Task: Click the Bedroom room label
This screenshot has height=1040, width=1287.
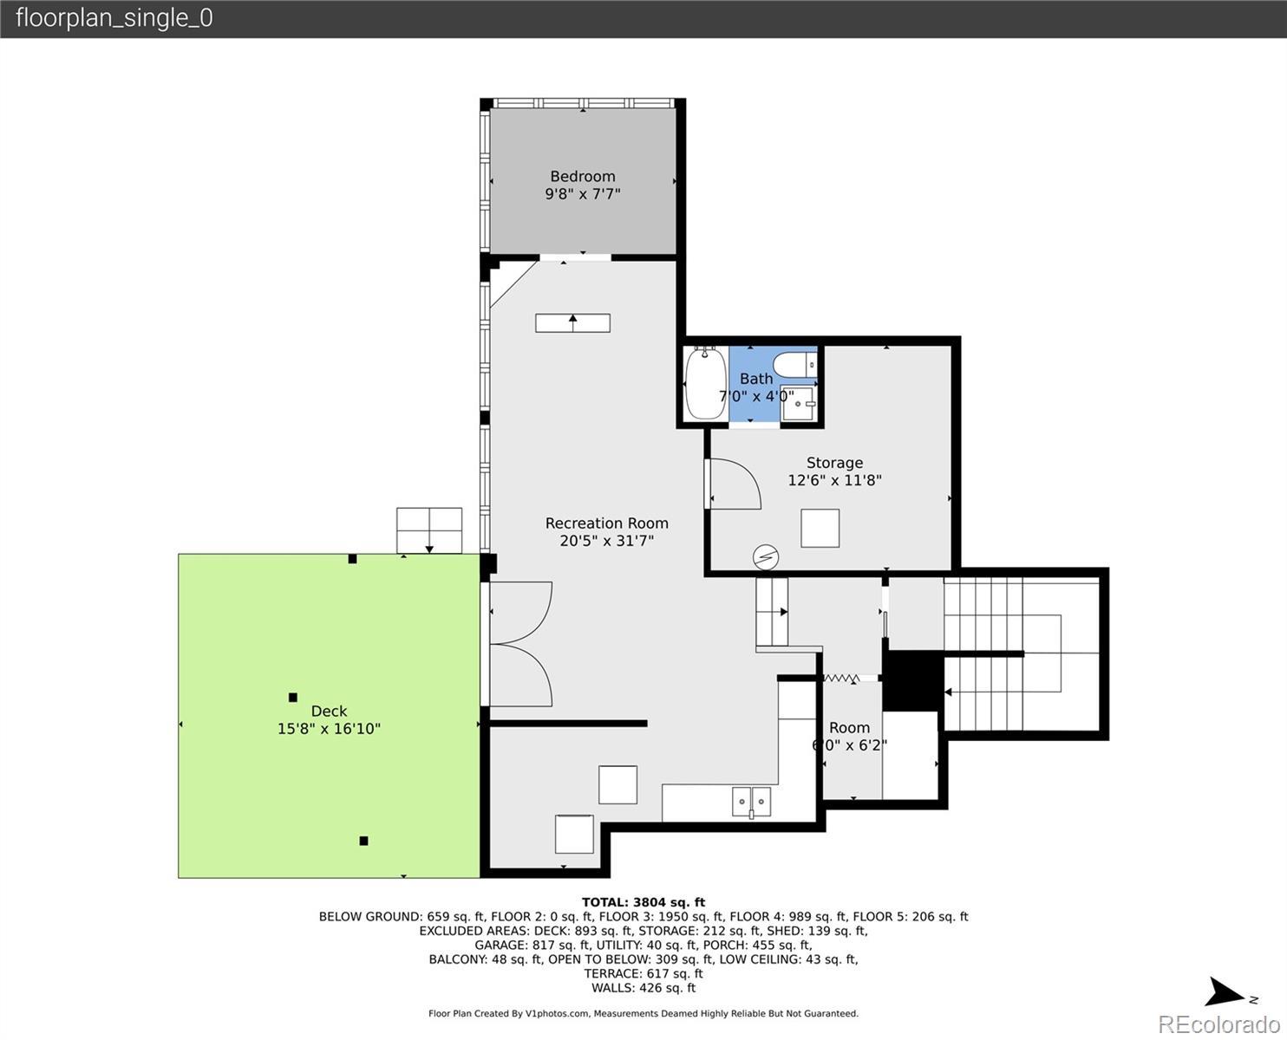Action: tap(583, 176)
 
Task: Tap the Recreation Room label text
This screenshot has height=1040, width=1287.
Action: tap(607, 523)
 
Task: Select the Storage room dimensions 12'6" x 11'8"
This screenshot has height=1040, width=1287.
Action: tap(834, 480)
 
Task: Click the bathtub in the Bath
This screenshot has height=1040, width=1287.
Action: tap(706, 383)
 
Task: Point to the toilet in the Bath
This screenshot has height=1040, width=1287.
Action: tap(795, 365)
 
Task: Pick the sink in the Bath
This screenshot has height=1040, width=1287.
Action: tap(799, 403)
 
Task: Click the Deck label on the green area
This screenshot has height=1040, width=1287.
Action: tap(330, 711)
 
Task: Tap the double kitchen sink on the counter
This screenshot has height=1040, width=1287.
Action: tap(752, 802)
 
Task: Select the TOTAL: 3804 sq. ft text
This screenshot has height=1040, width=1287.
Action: tap(643, 902)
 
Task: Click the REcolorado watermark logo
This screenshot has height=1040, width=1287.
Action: tap(1218, 1024)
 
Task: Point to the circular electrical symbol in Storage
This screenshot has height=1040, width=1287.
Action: tap(766, 558)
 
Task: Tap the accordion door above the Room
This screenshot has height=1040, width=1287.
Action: tap(841, 679)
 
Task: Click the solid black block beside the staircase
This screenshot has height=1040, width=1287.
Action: tap(913, 683)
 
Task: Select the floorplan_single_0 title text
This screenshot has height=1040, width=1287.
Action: tap(114, 18)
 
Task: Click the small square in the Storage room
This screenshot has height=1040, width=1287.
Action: tap(820, 528)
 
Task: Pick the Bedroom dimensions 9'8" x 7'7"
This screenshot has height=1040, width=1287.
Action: tap(583, 194)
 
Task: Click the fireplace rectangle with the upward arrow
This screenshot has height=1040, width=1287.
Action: tap(572, 323)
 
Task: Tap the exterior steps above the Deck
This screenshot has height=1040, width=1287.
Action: tap(429, 530)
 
